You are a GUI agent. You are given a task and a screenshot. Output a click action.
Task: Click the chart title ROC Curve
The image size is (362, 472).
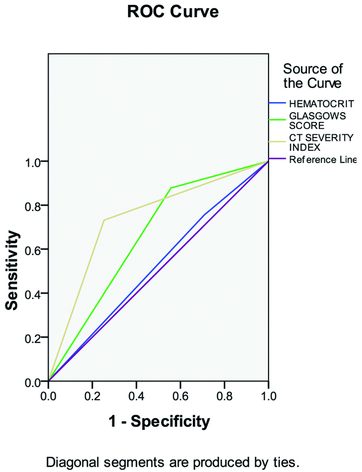click(173, 12)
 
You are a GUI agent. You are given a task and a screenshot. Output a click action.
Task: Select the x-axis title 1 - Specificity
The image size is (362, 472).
click(158, 421)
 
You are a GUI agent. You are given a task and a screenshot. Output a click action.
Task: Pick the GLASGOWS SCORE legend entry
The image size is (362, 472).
click(313, 121)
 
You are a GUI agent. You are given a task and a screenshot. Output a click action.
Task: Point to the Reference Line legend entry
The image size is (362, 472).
click(322, 159)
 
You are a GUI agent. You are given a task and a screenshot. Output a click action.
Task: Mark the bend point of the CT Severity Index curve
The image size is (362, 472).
click(104, 220)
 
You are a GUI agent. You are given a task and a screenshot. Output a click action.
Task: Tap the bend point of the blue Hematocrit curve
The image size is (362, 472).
click(204, 215)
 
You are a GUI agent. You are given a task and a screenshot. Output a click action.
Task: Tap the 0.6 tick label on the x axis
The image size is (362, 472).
click(180, 395)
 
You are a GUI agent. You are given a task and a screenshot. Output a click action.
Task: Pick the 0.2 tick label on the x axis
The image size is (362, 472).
click(92, 395)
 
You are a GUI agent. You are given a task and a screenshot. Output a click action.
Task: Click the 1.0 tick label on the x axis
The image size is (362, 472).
click(269, 395)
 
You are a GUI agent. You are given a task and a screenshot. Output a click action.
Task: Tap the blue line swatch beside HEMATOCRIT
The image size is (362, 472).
click(278, 103)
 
